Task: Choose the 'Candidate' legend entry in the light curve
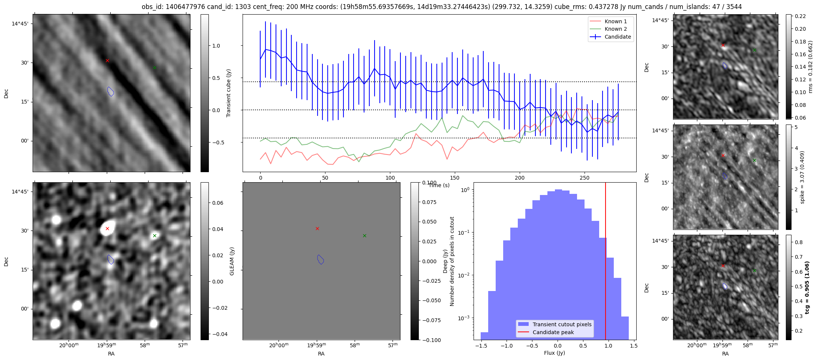[618, 37]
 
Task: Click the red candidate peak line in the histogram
[606, 262]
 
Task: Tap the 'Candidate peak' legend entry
[553, 332]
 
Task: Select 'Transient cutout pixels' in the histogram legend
[562, 324]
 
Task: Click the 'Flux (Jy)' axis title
[555, 353]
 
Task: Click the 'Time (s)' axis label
[439, 185]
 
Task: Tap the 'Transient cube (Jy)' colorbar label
[229, 93]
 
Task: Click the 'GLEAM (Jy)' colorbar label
[232, 261]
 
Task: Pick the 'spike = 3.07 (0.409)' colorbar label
[802, 177]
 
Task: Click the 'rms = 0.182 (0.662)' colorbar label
[810, 67]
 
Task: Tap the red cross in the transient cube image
[107, 60]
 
